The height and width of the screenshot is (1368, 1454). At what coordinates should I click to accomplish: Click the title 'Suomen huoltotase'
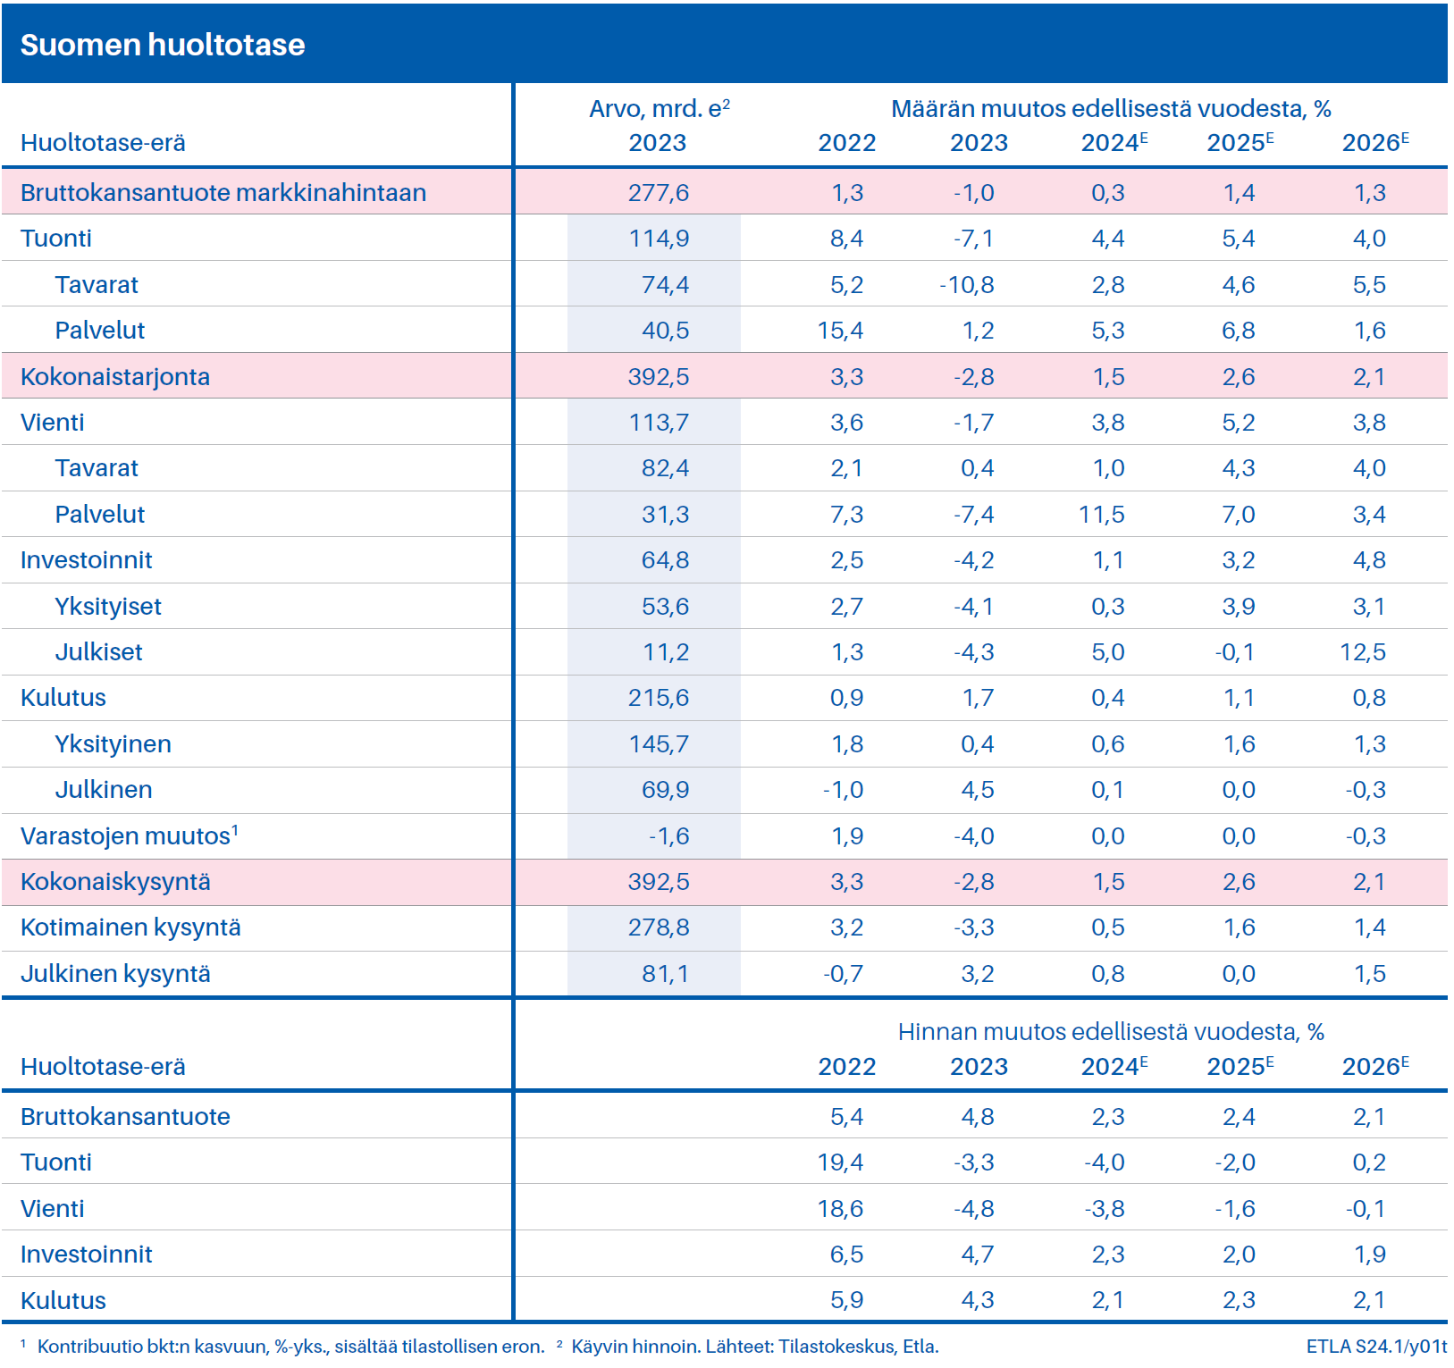coord(163,45)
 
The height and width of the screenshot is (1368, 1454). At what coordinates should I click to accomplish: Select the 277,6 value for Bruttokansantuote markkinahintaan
coord(659,193)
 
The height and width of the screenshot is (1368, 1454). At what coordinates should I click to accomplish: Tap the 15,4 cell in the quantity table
coord(840,331)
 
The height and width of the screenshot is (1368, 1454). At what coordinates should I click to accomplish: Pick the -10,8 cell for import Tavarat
coord(967,285)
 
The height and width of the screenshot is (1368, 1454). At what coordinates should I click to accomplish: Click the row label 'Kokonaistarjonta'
coord(115,377)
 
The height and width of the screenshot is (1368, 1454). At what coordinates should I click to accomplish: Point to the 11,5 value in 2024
coord(1102,515)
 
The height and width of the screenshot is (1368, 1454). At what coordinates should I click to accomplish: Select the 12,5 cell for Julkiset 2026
coord(1363,652)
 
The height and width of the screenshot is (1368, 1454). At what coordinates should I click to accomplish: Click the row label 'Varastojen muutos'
coord(125,836)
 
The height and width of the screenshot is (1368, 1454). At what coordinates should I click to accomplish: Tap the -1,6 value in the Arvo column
coord(668,836)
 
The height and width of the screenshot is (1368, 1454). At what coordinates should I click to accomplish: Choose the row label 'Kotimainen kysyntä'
coord(130,927)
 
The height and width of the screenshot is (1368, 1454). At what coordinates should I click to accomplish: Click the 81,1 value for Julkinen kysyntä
coord(666,974)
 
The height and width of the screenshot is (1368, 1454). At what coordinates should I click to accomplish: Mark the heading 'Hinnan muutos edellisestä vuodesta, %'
coord(1111,1032)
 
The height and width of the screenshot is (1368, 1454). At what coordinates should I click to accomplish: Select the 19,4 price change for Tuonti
coord(840,1162)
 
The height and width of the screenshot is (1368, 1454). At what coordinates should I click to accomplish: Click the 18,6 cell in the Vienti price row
coord(840,1209)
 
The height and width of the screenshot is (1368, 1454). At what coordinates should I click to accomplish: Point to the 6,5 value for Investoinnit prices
coord(846,1255)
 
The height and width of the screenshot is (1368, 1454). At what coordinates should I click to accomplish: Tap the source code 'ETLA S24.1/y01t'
coord(1376,1347)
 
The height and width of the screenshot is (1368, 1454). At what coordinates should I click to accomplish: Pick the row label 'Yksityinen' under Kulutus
coord(113,744)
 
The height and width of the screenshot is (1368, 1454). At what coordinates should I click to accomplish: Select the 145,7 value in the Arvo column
coord(659,744)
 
